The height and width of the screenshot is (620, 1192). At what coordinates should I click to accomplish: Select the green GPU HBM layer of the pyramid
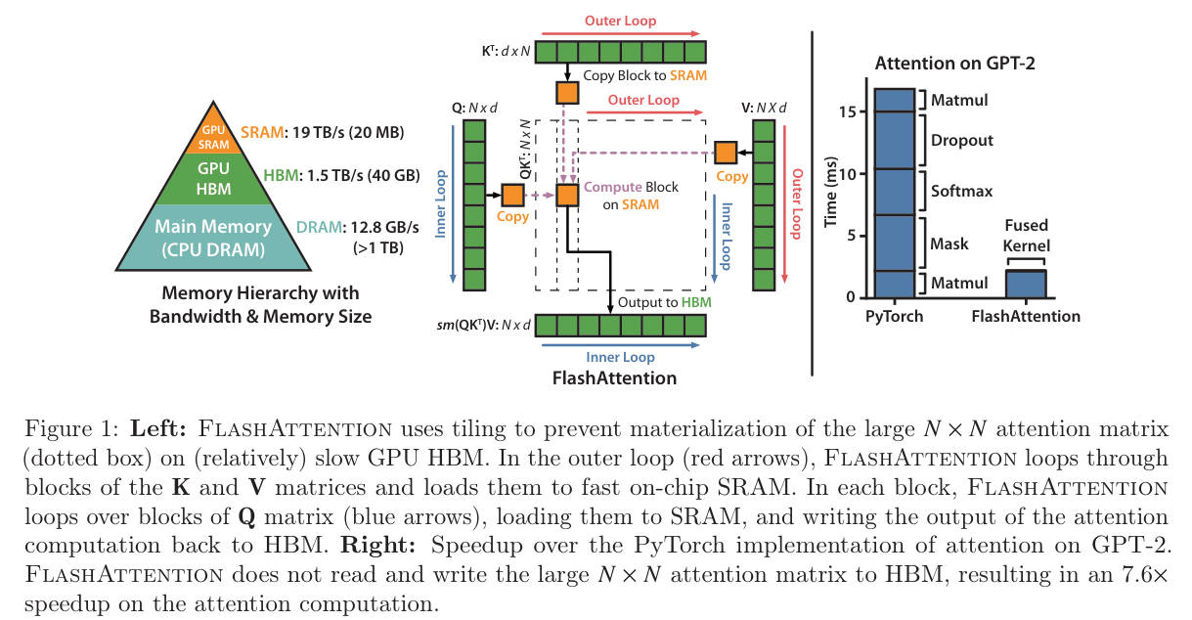tap(213, 179)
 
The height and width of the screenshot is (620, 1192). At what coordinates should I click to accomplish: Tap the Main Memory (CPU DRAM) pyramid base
tap(213, 238)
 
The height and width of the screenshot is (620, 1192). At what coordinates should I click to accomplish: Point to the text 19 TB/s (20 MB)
tap(348, 132)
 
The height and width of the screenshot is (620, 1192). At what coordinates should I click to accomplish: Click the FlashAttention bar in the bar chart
tap(1026, 284)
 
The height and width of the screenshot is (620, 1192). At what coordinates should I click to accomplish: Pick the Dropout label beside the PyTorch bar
tap(961, 140)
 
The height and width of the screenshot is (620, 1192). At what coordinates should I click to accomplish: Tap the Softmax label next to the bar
tap(961, 191)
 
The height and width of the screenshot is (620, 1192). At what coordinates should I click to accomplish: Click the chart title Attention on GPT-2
tap(955, 63)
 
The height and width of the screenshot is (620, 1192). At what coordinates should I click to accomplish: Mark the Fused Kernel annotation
tap(1026, 236)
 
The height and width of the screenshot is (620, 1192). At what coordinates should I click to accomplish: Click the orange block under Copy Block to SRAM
tap(567, 93)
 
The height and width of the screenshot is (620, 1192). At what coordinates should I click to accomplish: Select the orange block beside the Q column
tap(512, 196)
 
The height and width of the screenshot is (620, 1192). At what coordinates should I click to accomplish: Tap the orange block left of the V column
tap(726, 153)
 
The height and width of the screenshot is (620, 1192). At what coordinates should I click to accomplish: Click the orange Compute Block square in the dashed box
tap(567, 196)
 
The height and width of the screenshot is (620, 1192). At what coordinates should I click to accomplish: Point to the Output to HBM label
tap(664, 302)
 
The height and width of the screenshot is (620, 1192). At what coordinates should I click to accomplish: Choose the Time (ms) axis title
tap(830, 192)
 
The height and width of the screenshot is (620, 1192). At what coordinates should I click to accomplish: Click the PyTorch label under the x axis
tap(894, 316)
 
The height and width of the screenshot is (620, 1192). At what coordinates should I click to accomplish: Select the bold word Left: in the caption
tap(158, 428)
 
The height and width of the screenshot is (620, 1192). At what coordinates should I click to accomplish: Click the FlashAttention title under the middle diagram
tap(615, 377)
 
